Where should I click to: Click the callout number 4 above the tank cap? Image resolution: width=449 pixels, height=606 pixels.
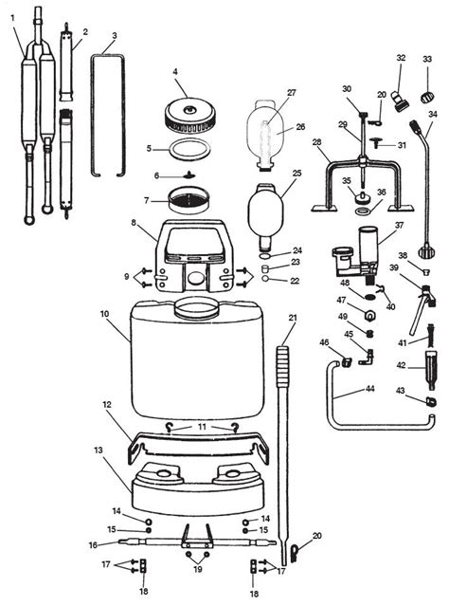click(175, 72)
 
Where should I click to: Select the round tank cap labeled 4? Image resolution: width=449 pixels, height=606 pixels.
click(189, 115)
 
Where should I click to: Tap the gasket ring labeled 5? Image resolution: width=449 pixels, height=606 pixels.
click(191, 149)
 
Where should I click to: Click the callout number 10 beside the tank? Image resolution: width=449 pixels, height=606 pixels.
click(104, 314)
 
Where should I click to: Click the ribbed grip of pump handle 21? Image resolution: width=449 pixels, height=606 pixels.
click(282, 366)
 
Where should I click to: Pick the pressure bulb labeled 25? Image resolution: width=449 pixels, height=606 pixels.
click(265, 216)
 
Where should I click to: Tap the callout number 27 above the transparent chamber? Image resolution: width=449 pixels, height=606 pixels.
click(292, 93)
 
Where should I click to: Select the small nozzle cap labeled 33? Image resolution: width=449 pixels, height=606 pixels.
click(427, 96)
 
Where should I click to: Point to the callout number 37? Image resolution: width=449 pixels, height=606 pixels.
click(399, 225)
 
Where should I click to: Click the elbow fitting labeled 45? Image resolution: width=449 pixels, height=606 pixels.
click(366, 358)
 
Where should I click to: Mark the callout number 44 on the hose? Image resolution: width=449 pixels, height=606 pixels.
click(369, 389)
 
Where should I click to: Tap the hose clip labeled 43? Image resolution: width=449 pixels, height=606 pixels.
click(430, 401)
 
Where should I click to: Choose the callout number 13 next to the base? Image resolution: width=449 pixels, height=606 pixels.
click(99, 450)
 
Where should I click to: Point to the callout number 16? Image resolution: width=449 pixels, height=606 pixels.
click(93, 545)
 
